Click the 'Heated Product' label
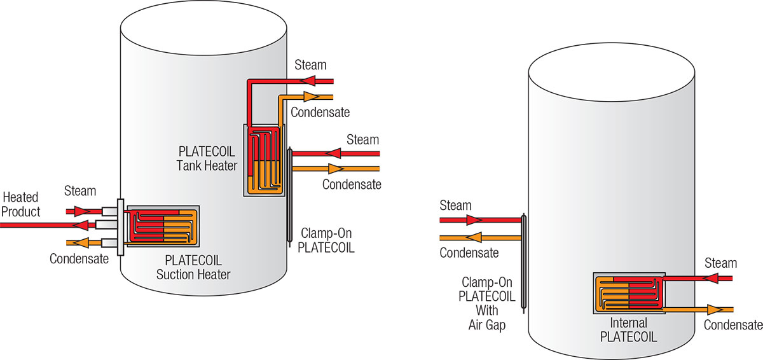point(21,205)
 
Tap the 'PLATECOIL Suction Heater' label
point(193,267)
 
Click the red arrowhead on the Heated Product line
point(81,225)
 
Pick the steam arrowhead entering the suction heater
point(81,211)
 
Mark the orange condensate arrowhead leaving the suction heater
point(81,242)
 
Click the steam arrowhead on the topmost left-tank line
point(311,81)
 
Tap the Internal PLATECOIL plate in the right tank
point(629,294)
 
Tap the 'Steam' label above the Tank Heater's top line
point(311,65)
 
